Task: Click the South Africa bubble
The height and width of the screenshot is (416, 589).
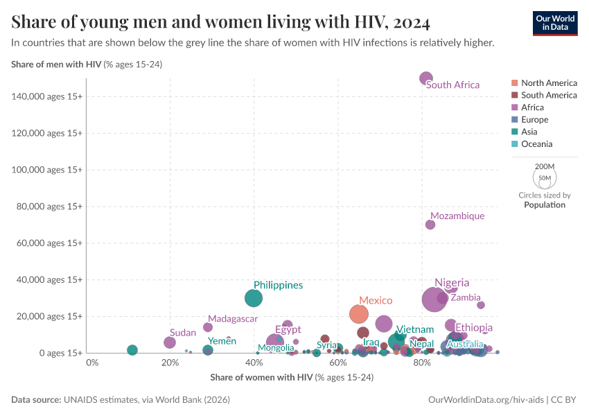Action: [426, 78]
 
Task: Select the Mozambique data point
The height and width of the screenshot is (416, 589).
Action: [430, 225]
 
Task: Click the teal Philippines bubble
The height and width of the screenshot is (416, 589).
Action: [254, 298]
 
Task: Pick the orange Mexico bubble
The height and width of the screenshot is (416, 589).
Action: [358, 314]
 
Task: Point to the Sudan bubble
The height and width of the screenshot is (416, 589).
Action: [170, 343]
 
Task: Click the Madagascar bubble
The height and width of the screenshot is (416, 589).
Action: [208, 327]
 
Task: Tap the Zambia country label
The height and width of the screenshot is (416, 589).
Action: [465, 297]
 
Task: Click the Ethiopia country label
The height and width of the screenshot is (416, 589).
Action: [474, 327]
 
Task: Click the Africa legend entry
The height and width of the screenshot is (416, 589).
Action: [532, 107]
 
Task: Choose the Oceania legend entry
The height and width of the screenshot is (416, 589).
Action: [536, 144]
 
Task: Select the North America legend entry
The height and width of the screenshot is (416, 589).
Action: [548, 83]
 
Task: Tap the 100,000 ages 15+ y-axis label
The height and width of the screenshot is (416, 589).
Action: [48, 169]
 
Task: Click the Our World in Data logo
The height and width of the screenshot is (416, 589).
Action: [555, 23]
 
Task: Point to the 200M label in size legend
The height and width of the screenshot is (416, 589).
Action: [545, 166]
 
